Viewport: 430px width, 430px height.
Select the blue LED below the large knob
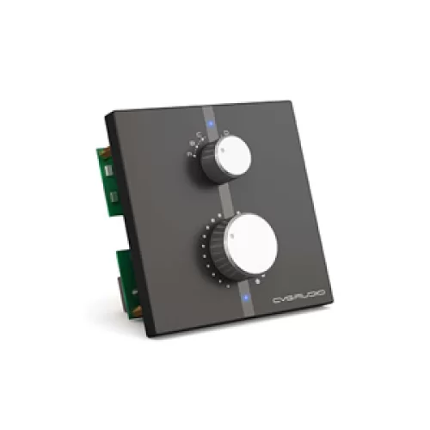click(247, 298)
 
